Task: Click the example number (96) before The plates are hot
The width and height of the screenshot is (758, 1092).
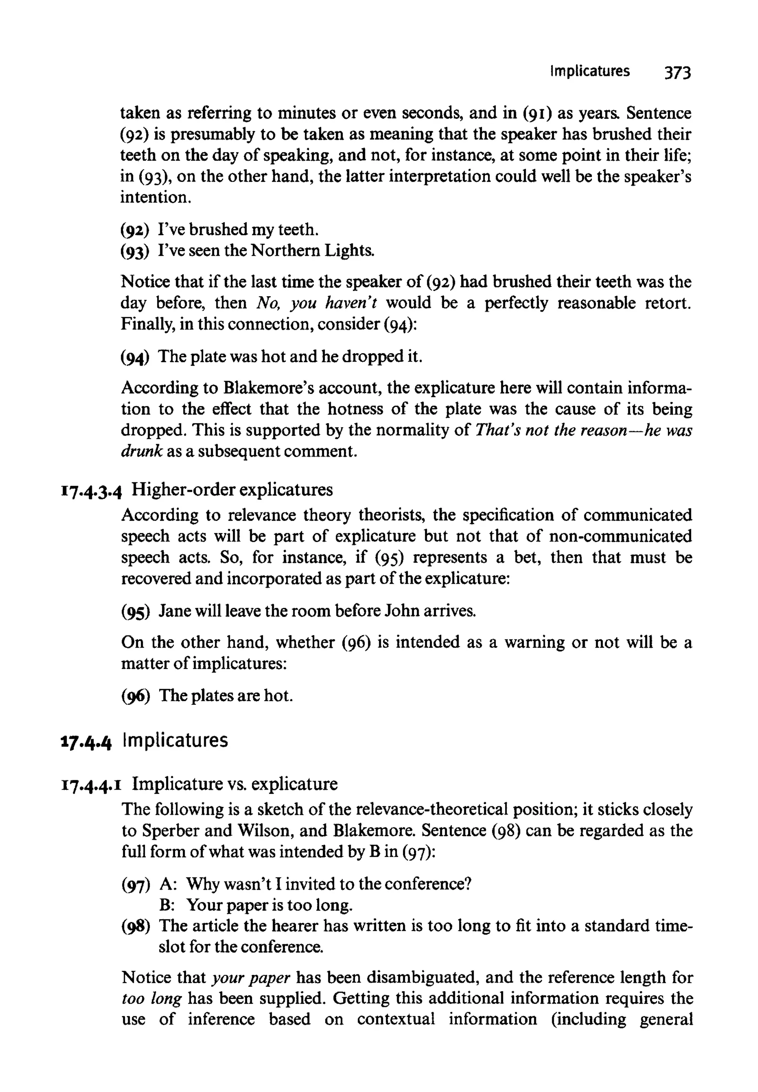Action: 135,696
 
